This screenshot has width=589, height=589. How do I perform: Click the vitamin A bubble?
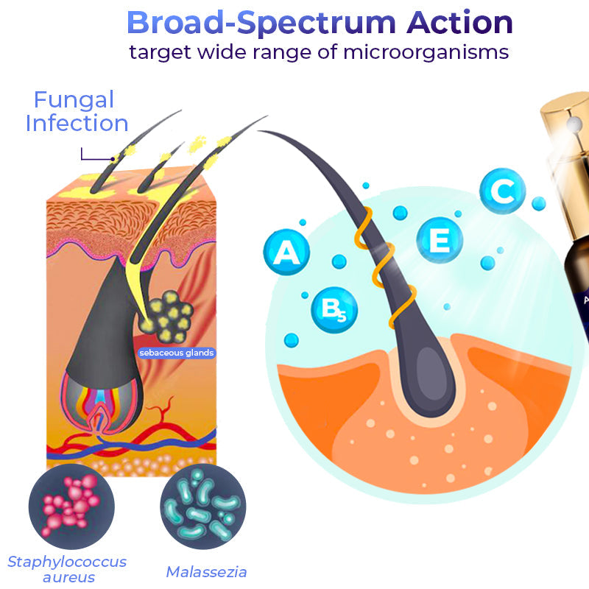286,253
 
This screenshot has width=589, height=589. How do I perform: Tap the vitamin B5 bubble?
334,309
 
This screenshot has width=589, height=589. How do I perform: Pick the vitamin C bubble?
503,192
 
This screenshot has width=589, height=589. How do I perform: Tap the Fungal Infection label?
77,111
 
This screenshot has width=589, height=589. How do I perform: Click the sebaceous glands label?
177,353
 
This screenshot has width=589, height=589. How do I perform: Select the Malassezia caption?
206,571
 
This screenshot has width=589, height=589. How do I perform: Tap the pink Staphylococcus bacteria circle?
71,507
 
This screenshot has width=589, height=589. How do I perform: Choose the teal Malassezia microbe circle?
203,507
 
